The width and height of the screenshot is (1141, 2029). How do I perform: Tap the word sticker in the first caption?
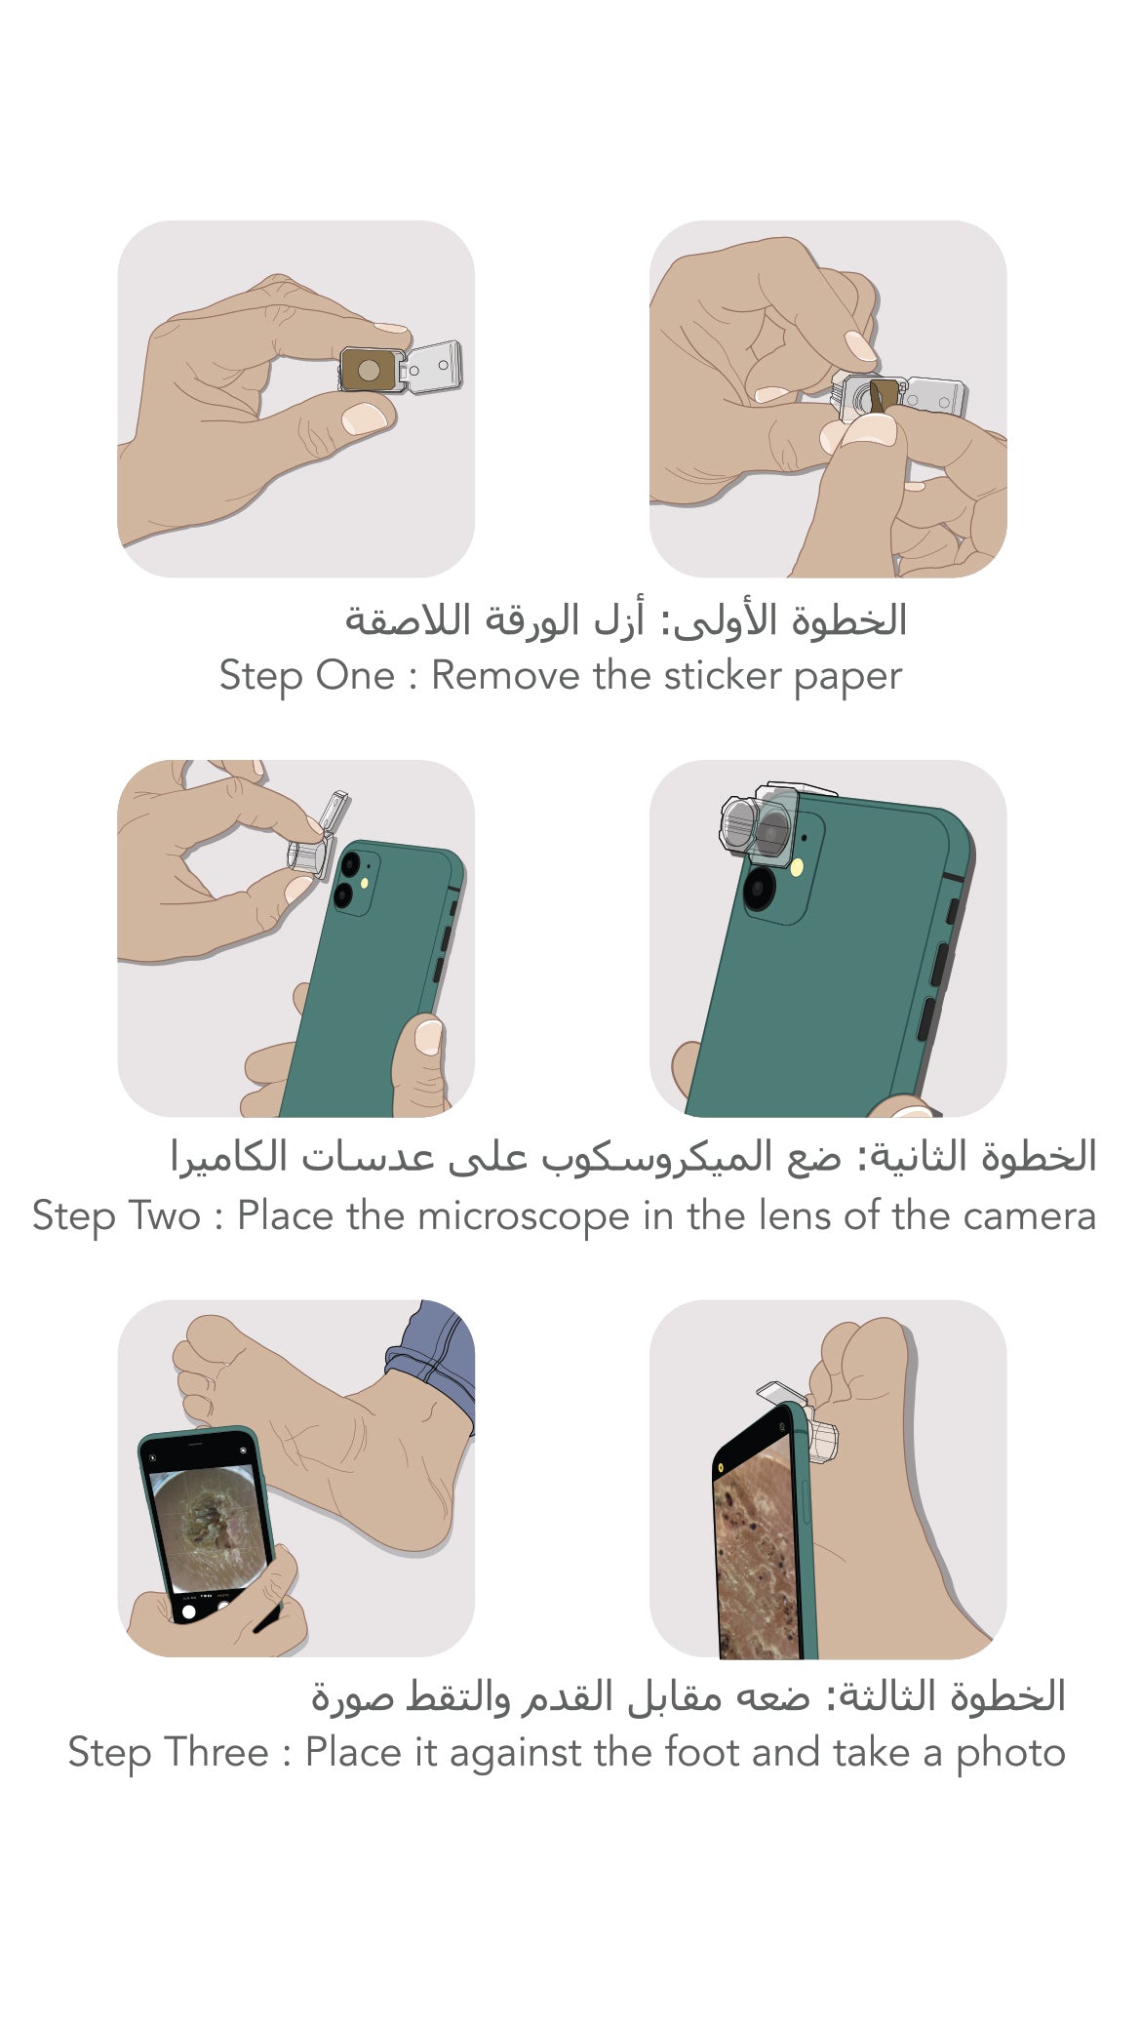pyautogui.click(x=723, y=675)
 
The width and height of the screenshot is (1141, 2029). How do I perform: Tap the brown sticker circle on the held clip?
pyautogui.click(x=369, y=371)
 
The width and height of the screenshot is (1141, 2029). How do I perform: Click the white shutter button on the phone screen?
pyautogui.click(x=189, y=1611)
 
